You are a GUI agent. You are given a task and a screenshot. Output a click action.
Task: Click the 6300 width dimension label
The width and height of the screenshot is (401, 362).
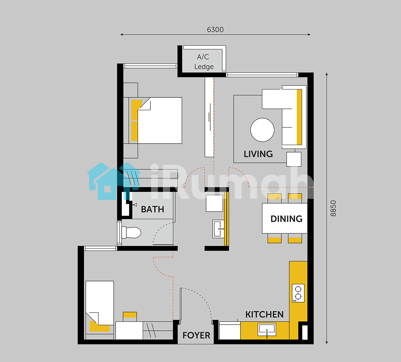(x=215, y=30)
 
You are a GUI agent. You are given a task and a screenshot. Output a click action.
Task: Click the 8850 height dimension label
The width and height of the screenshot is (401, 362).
(x=333, y=209)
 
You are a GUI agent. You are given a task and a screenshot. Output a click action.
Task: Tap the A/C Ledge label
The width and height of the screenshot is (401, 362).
(x=204, y=62)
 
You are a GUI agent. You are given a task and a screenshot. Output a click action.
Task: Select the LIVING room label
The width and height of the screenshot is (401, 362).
(x=258, y=154)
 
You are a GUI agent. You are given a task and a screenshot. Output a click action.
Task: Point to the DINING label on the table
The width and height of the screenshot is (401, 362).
(x=286, y=219)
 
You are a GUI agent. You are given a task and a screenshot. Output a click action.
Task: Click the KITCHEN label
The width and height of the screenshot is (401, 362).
(x=264, y=315)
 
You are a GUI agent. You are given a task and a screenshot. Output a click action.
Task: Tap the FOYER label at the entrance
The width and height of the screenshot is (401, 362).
(x=196, y=335)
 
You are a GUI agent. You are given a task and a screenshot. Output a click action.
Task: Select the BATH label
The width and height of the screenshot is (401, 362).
(x=152, y=210)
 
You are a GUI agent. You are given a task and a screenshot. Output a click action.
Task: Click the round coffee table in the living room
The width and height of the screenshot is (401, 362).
(x=262, y=130)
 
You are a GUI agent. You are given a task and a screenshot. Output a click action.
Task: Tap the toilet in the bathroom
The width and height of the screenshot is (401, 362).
(x=131, y=233)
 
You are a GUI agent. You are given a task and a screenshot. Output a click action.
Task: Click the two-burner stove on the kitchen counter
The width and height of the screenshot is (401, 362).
(x=298, y=293)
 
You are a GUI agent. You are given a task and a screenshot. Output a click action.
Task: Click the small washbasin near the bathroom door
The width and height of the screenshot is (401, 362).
(x=219, y=229)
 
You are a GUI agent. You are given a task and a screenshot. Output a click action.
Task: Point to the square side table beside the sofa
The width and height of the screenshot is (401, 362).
(x=294, y=159)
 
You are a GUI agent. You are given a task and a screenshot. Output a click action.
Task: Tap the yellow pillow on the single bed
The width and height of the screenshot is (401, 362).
(x=99, y=327)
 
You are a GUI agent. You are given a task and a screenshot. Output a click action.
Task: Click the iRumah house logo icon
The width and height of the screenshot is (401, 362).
(x=114, y=181)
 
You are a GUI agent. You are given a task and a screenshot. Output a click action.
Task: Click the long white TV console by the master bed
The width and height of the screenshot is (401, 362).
(x=209, y=117)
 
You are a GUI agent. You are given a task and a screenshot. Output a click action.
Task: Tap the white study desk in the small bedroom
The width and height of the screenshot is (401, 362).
(x=129, y=330)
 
